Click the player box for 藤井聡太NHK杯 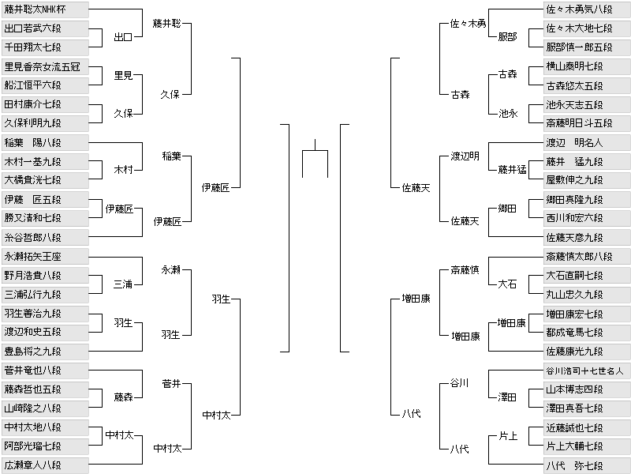click(45, 9)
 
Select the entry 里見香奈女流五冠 click(45, 66)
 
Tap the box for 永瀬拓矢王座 click(45, 256)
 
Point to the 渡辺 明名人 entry click(587, 143)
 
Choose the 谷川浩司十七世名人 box click(587, 371)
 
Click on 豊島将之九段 click(45, 352)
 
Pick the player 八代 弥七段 click(587, 465)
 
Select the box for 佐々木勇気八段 click(587, 9)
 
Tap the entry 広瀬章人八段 click(45, 465)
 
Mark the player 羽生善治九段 click(45, 313)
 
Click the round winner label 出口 click(123, 37)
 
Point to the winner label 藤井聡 click(166, 24)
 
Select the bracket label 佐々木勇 click(468, 24)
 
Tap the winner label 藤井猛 click(512, 170)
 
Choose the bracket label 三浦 click(123, 284)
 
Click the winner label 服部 click(507, 37)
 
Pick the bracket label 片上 click(508, 436)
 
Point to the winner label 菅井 click(171, 384)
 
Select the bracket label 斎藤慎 click(465, 270)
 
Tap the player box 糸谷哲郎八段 click(45, 238)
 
